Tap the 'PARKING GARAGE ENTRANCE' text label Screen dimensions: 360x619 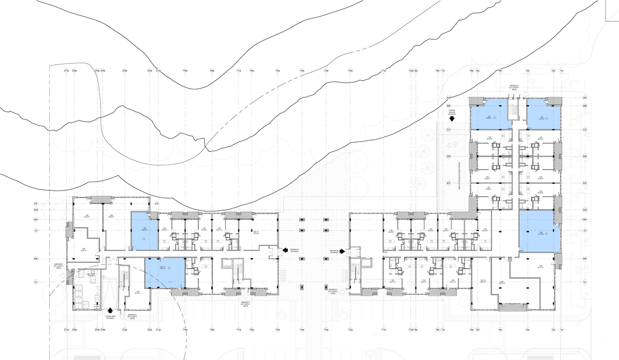point(452,114)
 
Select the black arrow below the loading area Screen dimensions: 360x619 point(110,311)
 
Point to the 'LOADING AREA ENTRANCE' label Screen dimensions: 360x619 point(110,318)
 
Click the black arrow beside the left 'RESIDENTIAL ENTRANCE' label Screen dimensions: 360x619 point(285,250)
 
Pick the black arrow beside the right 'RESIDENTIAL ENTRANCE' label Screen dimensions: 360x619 point(342,251)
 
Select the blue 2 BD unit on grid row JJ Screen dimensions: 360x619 point(539,231)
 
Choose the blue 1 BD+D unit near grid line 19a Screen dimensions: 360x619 point(165,273)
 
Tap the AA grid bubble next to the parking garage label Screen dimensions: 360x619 point(449,98)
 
